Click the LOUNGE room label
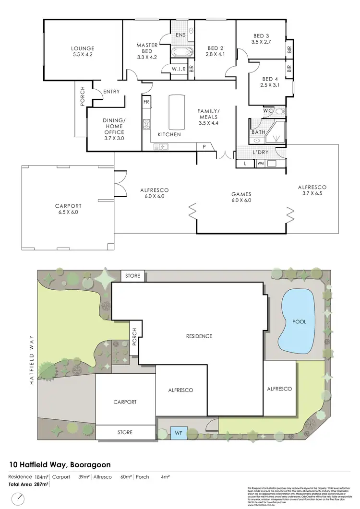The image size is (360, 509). point(83,48)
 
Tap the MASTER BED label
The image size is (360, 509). point(147,48)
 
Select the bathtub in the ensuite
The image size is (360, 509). point(181,52)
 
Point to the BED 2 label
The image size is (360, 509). point(216,48)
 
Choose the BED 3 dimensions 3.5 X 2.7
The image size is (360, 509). point(261,42)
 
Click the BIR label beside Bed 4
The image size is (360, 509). point(289,69)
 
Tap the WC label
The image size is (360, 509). point(268,111)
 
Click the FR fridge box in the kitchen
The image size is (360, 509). point(146,102)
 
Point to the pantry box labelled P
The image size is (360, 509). point(204,147)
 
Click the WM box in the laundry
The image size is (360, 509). point(261,164)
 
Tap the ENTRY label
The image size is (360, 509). point(111,92)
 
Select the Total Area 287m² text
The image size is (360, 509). point(29,485)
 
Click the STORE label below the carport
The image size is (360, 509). point(125,432)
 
